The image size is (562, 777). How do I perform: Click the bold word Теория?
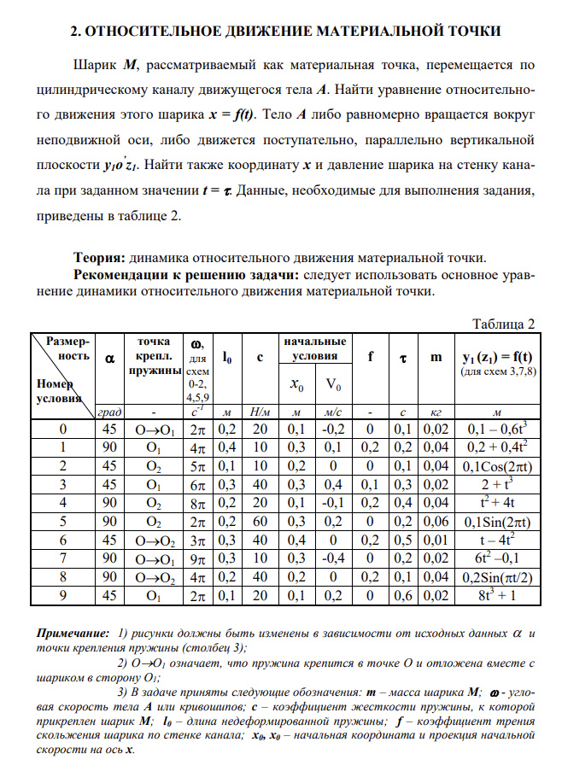click(x=100, y=257)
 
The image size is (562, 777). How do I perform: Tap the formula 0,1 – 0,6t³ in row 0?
click(x=501, y=428)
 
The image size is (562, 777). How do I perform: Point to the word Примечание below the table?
click(x=72, y=634)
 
